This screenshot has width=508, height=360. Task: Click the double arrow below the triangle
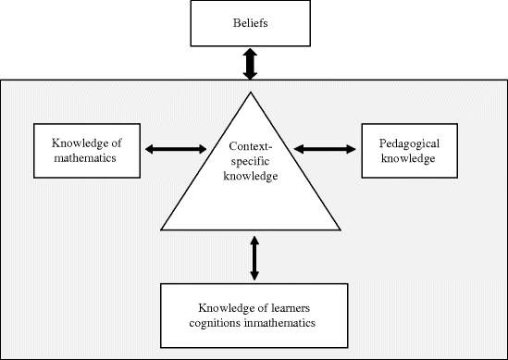pos(254,255)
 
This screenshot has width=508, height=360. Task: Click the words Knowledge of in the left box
pos(91,143)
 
